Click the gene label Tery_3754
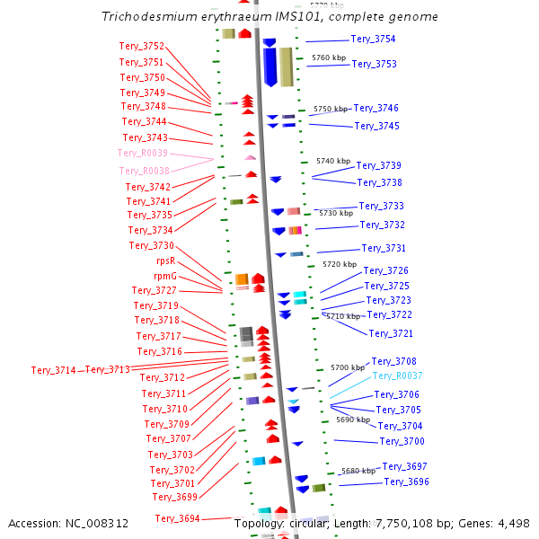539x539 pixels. pos(373,40)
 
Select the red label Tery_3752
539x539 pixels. pos(142,46)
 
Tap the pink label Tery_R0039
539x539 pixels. pos(143,153)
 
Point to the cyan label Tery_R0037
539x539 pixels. pos(397,376)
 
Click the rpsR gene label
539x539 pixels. pos(166,261)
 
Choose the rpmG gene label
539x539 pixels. pos(165,276)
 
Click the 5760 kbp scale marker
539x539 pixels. pos(329,57)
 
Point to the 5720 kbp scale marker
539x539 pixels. pos(340,264)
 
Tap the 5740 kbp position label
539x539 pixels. pos(333,161)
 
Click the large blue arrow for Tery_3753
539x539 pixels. pos(270,67)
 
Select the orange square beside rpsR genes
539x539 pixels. pos(242,279)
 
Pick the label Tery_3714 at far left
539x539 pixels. pos(54,370)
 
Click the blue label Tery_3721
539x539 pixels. pos(391,333)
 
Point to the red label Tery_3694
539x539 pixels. pos(177,518)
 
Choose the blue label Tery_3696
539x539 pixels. pos(407,482)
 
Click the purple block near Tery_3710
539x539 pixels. pos(252,401)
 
